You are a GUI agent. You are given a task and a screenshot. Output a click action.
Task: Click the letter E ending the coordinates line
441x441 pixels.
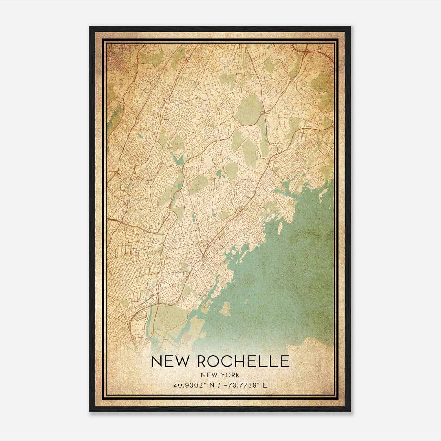pyautogui.click(x=265, y=385)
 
